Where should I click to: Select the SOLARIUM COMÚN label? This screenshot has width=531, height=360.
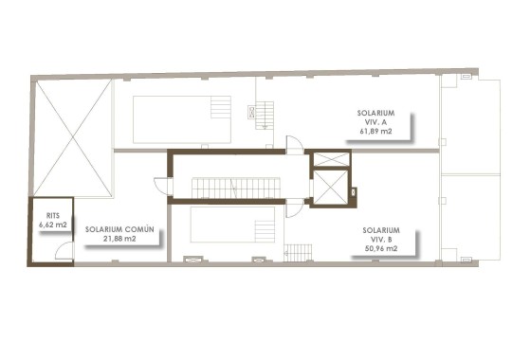pyautogui.click(x=119, y=229)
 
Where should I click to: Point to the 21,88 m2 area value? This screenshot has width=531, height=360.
pyautogui.click(x=119, y=240)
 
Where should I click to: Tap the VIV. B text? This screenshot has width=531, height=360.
pyautogui.click(x=380, y=239)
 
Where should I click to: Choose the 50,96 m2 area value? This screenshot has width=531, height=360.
pyautogui.click(x=379, y=249)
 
